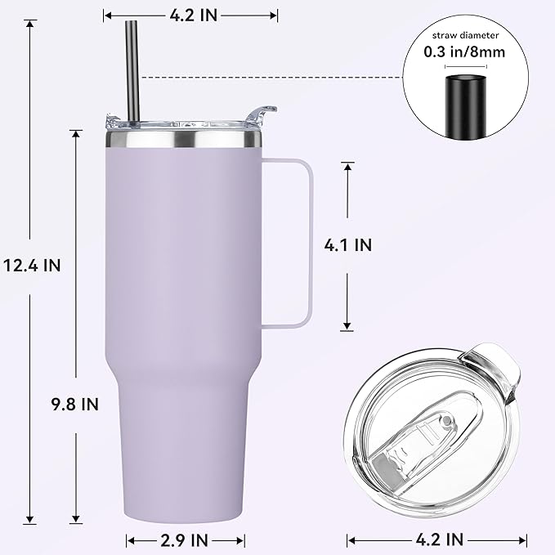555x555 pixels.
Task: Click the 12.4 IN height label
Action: coord(32,266)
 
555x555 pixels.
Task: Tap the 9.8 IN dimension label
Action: coord(76,404)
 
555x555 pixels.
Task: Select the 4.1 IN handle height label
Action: coord(348,244)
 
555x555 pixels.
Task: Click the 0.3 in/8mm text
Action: coord(463,51)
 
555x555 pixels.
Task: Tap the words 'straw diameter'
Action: coord(463,34)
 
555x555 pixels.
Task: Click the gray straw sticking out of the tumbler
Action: coord(131,65)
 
